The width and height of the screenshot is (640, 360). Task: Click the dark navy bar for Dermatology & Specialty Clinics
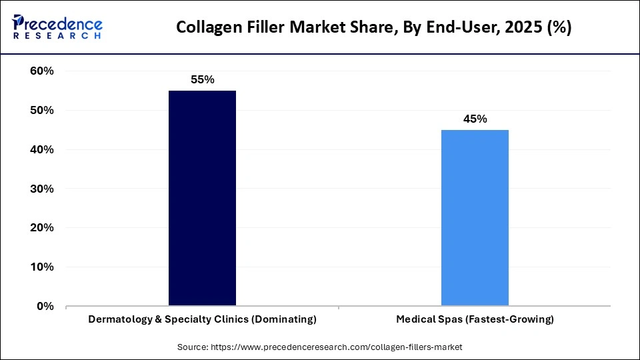(x=202, y=198)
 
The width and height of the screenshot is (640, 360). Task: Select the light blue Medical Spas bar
(x=475, y=217)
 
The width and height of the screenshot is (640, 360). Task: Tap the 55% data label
(x=202, y=80)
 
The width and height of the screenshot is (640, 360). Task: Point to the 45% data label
(x=475, y=119)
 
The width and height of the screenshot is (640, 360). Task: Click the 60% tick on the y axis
(x=42, y=71)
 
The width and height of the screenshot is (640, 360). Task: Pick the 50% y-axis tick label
(x=42, y=111)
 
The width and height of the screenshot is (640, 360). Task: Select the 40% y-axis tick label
(x=42, y=150)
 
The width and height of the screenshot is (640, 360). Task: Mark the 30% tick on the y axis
(x=42, y=189)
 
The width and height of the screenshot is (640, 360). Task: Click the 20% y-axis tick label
(x=42, y=228)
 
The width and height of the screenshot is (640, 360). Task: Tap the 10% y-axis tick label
(x=42, y=267)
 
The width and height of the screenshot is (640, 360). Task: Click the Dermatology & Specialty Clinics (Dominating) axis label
(x=202, y=320)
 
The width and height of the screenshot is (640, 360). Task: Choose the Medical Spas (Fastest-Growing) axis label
(x=475, y=320)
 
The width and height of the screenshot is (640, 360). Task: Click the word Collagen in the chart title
(x=205, y=28)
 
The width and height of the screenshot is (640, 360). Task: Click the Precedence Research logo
(x=57, y=27)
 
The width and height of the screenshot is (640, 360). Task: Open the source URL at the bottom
(x=336, y=347)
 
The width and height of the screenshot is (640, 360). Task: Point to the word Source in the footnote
(x=193, y=347)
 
